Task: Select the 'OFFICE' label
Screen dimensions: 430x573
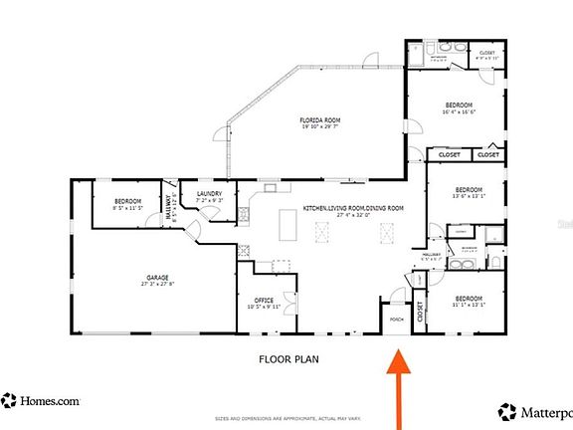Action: click(264, 300)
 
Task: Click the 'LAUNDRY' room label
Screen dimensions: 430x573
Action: click(209, 194)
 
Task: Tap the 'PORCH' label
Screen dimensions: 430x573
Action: click(396, 320)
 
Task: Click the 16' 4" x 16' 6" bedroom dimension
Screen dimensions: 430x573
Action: click(459, 112)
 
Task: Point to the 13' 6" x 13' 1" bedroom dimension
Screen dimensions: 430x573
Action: click(469, 196)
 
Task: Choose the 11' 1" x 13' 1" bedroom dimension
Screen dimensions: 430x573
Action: click(469, 306)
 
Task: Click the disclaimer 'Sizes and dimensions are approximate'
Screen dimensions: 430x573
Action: click(287, 419)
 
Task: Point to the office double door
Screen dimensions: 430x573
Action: click(288, 299)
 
